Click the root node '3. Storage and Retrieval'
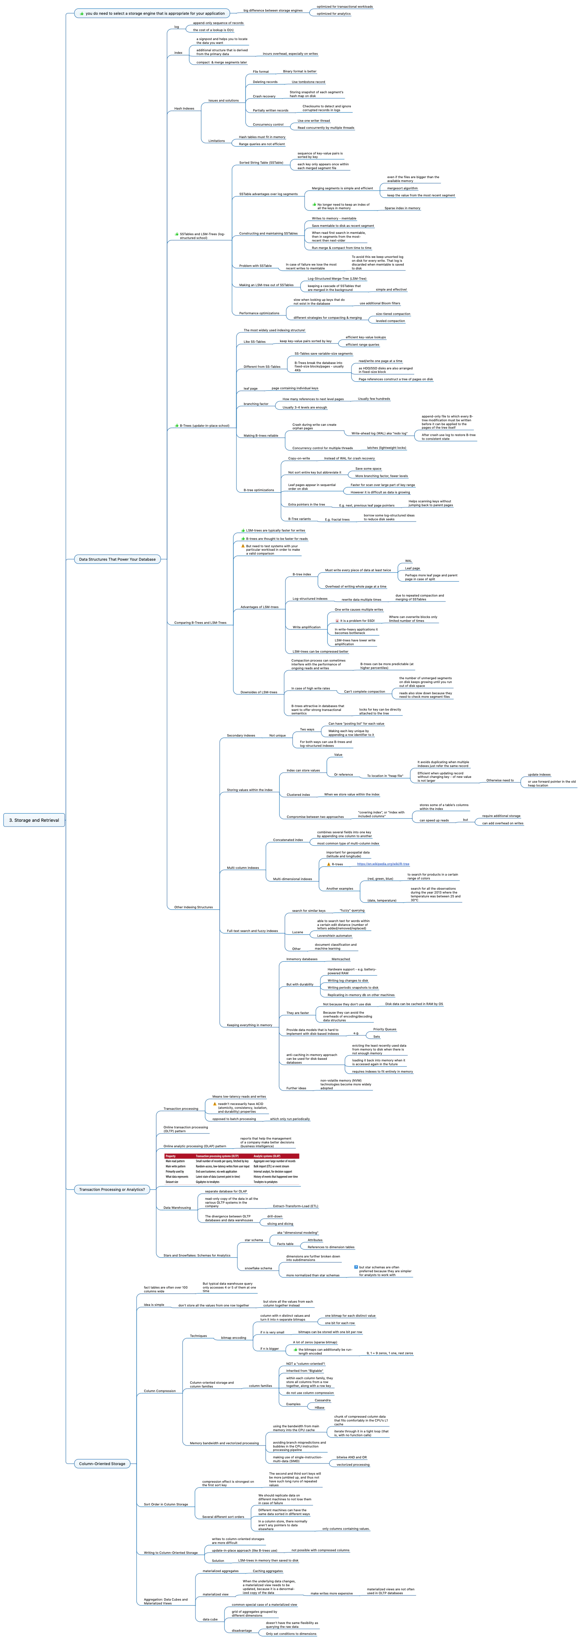(34, 820)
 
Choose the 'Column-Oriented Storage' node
(102, 1464)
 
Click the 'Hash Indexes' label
(184, 108)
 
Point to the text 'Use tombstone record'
(308, 81)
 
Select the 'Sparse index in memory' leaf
(402, 208)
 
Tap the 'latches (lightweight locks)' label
(386, 448)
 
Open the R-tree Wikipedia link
(383, 864)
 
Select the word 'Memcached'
(341, 959)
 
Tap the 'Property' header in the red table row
(171, 1156)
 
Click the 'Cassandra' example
(323, 1400)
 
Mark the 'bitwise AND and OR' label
(351, 1457)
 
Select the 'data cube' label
(210, 1619)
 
